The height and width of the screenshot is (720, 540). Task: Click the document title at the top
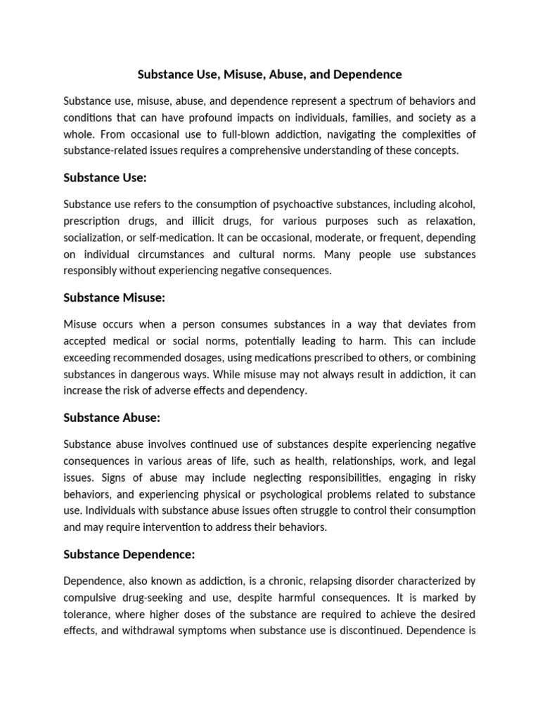[x=269, y=74]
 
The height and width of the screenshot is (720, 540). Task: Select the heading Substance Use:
[x=105, y=178]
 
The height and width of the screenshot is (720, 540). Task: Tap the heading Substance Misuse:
[x=114, y=297]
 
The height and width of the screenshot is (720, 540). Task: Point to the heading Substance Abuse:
[x=112, y=418]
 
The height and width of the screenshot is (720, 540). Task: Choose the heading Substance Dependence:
[x=129, y=554]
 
